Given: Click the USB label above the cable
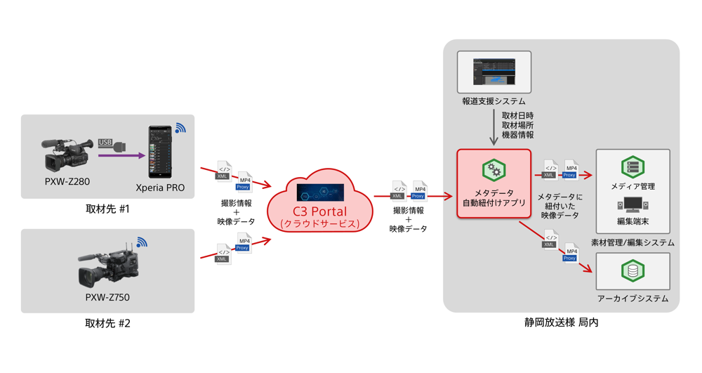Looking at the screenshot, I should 105,142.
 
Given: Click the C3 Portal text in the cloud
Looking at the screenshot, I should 319,211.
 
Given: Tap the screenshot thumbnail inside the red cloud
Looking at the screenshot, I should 320,192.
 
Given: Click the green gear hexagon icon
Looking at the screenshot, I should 494,169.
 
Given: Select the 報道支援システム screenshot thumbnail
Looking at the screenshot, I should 494,72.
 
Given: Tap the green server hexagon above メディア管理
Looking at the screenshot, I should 633,166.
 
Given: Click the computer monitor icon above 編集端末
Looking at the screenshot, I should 633,204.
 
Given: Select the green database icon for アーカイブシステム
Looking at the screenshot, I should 633,270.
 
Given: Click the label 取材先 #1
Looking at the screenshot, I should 107,209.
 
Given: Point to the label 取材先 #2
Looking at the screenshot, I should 107,324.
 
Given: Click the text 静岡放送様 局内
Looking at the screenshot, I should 561,322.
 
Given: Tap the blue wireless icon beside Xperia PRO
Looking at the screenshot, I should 180,129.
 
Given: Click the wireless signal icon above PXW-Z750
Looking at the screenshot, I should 142,243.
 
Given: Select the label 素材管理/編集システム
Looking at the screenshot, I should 633,242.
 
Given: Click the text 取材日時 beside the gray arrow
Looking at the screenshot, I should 517,115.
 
